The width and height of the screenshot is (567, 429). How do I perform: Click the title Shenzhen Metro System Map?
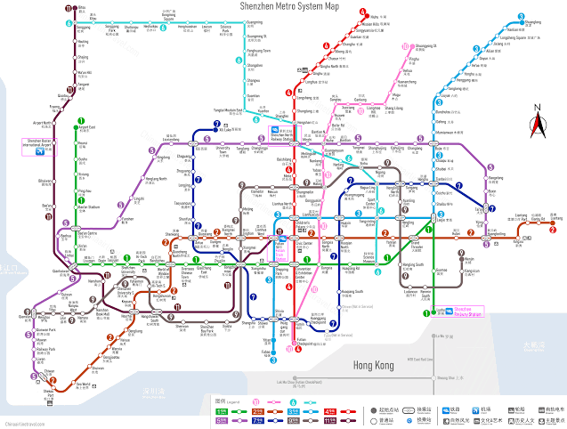[x=289, y=5]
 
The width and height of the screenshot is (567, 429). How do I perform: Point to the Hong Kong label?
[x=375, y=366]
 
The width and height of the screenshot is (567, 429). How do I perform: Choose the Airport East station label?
[x=87, y=127]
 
